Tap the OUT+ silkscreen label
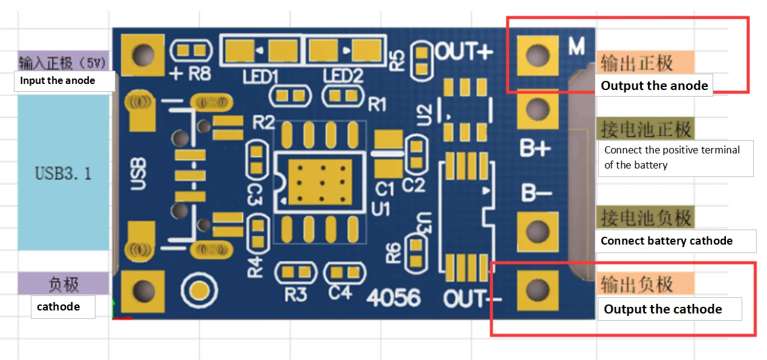tap(464, 52)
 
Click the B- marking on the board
tap(536, 193)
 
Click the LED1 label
tap(261, 77)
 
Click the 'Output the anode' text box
tap(655, 86)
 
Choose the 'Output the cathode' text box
tap(663, 309)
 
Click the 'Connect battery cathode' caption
tap(667, 241)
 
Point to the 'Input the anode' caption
tap(57, 80)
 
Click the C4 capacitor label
tap(340, 293)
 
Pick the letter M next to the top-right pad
tap(576, 46)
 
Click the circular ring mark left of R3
tap(197, 291)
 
